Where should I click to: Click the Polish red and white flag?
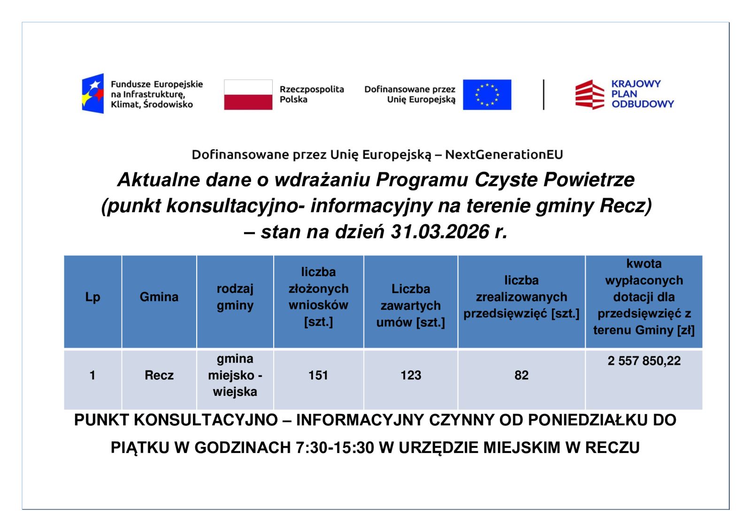pyautogui.click(x=248, y=95)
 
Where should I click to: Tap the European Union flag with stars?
pyautogui.click(x=487, y=95)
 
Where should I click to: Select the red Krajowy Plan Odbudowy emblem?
pyautogui.click(x=590, y=94)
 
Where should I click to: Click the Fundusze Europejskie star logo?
pyautogui.click(x=93, y=93)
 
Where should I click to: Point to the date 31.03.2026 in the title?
pyautogui.click(x=440, y=232)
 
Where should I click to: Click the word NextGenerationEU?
pyautogui.click(x=504, y=154)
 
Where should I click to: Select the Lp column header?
pyautogui.click(x=92, y=297)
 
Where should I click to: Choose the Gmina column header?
pyautogui.click(x=159, y=297)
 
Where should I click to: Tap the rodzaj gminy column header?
pyautogui.click(x=235, y=297)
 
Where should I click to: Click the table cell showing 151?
pyautogui.click(x=318, y=375)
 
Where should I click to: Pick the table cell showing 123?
pyautogui.click(x=411, y=375)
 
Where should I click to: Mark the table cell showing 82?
pyautogui.click(x=521, y=375)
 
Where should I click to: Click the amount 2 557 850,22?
pyautogui.click(x=644, y=361)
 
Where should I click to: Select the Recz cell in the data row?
pyautogui.click(x=159, y=375)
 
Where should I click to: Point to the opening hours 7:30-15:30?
pyautogui.click(x=335, y=448)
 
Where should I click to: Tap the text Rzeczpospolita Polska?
pyautogui.click(x=312, y=94)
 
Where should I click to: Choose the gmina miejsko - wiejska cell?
pyautogui.click(x=235, y=375)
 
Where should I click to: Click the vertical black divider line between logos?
pyautogui.click(x=544, y=95)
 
